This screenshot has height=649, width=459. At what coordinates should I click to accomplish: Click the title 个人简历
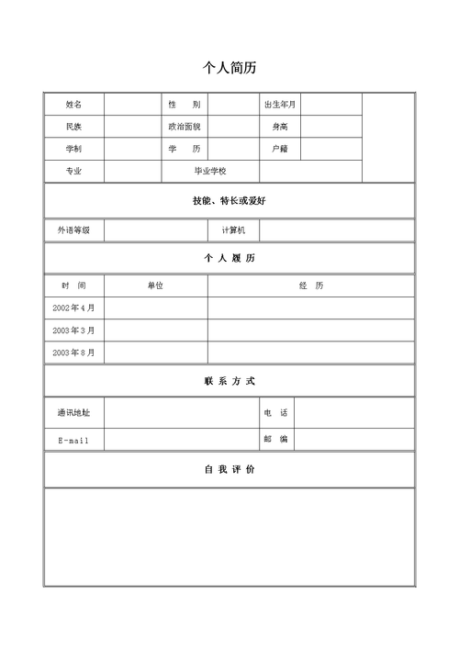point(229,68)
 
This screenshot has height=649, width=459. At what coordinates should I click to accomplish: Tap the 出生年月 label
point(280,104)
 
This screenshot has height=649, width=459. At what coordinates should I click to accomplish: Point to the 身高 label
point(280,126)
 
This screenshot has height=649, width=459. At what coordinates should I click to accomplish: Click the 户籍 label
point(280,149)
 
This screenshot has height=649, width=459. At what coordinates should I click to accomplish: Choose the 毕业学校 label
point(209,171)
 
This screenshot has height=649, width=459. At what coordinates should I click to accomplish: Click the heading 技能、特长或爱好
point(229,200)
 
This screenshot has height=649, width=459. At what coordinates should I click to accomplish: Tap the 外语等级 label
point(73,230)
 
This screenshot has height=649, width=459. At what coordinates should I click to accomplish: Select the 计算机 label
point(234,230)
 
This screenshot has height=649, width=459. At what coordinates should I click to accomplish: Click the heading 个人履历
point(229,258)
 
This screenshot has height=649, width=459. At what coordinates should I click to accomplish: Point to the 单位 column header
point(155,285)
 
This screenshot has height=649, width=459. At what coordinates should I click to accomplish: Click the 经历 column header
point(311,285)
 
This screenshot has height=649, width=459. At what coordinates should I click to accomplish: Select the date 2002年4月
point(73,308)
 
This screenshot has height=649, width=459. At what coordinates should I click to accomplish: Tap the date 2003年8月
point(73,352)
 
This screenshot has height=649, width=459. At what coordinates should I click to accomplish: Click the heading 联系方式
point(229,380)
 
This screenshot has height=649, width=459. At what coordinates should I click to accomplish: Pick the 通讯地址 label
point(73,413)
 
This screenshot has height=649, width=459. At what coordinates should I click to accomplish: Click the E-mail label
point(73,441)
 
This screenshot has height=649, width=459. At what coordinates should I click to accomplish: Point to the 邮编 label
point(276,440)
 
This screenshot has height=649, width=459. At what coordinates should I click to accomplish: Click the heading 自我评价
point(229,469)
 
